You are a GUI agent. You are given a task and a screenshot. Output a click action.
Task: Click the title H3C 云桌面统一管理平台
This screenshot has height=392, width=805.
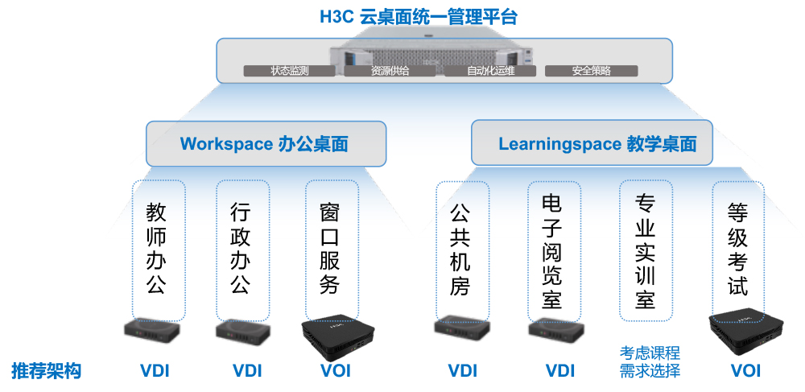(419, 17)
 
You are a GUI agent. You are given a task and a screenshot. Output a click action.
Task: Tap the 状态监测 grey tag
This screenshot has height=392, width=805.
(290, 71)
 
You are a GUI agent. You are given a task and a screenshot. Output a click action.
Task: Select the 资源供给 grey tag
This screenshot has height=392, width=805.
(390, 71)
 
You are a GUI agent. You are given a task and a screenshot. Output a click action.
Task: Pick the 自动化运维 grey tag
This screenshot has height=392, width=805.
(490, 71)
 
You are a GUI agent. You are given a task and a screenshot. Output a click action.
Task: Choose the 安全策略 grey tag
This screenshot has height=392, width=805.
(592, 71)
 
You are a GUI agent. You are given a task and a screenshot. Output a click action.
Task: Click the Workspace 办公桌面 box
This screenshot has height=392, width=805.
(266, 143)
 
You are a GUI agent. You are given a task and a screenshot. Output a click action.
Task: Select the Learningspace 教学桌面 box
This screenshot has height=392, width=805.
(592, 142)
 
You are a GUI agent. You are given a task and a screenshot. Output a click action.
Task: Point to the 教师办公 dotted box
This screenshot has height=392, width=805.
(158, 251)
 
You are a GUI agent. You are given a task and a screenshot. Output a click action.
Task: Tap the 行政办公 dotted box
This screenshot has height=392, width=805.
(243, 251)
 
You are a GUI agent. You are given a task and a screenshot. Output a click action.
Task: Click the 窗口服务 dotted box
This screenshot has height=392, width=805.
(332, 251)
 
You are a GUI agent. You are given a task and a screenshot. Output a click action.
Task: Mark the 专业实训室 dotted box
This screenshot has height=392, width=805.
(646, 251)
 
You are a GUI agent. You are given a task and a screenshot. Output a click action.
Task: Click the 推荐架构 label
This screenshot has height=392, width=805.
(46, 370)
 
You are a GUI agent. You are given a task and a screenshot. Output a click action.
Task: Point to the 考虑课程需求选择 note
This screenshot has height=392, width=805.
(650, 361)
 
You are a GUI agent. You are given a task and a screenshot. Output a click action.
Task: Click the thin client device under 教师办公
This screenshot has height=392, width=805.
(152, 333)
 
